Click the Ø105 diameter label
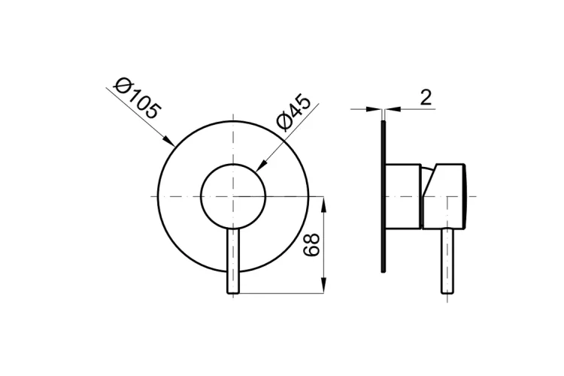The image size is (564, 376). [135, 99]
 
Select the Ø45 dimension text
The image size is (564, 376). [293, 113]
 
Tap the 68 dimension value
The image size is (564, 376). [311, 244]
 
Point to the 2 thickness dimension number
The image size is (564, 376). [426, 97]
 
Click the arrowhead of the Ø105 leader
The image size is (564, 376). [168, 141]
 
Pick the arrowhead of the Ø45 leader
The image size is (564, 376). [262, 165]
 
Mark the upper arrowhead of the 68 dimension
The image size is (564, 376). [324, 205]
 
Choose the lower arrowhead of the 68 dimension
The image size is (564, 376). [324, 285]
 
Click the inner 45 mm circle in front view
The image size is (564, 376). [202, 196]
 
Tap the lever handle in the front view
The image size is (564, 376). [233, 261]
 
